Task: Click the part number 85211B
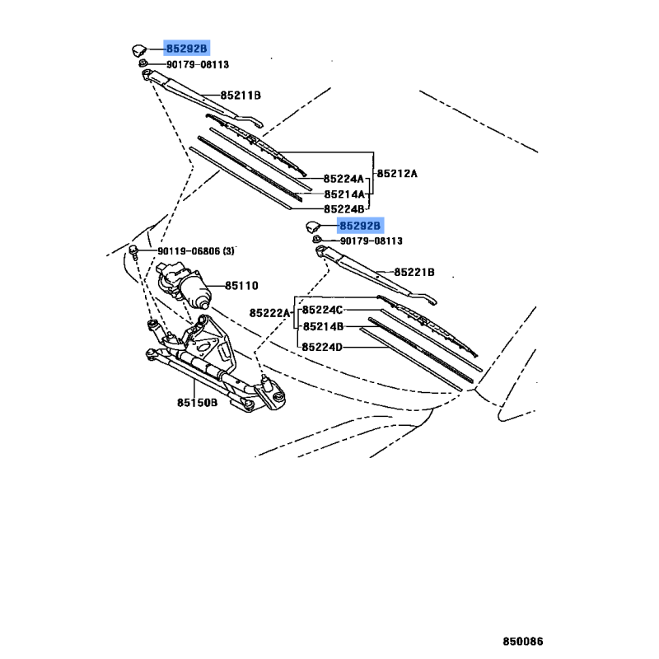(x=241, y=96)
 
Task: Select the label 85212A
(x=397, y=174)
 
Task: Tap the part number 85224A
(x=344, y=179)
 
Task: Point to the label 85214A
(x=344, y=194)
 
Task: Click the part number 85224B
(x=344, y=209)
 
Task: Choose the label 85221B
(x=414, y=273)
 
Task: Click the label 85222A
(x=269, y=313)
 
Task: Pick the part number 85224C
(x=322, y=310)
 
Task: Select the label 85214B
(x=323, y=326)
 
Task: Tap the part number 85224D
(x=322, y=347)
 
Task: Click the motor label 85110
(x=241, y=286)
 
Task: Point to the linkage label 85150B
(x=197, y=403)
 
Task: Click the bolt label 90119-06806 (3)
(x=196, y=251)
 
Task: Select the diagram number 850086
(x=523, y=642)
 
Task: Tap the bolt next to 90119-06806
(x=133, y=251)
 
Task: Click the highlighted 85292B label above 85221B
(x=360, y=226)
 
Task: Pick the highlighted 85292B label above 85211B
(x=187, y=49)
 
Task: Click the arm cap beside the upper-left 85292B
(x=139, y=50)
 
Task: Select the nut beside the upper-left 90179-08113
(x=143, y=64)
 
